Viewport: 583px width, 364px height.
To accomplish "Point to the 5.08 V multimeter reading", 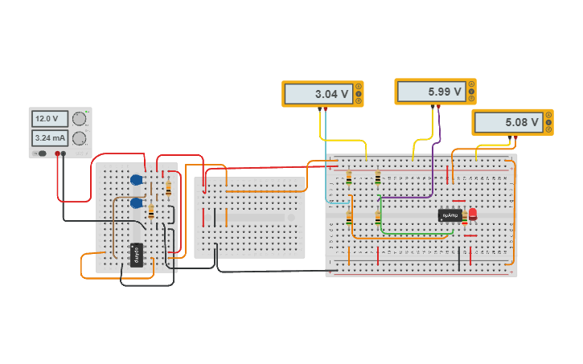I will point(509,123).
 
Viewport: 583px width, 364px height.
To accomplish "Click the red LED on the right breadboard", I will point(473,214).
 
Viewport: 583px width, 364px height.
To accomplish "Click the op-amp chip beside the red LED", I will point(450,215).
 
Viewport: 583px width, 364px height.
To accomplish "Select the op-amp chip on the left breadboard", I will point(136,254).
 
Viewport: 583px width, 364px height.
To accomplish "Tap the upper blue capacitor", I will point(136,180).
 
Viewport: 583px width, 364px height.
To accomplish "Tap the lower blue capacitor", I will point(137,203).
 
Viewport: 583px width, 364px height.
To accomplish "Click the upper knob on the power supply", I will point(79,119).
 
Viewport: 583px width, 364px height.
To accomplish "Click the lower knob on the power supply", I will point(79,138).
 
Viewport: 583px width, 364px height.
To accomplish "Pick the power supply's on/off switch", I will point(39,153).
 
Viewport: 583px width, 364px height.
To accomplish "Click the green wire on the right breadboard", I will point(418,234).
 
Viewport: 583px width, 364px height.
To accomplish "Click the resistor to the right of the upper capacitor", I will point(168,188).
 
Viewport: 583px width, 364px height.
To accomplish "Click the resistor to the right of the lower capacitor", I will point(151,211).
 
